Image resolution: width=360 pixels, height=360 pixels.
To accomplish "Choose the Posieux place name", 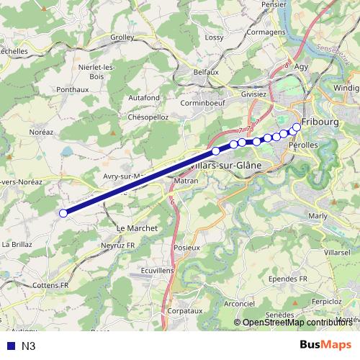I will pyautogui.click(x=186, y=247).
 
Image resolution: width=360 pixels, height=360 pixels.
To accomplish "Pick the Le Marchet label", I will pyautogui.click(x=137, y=228).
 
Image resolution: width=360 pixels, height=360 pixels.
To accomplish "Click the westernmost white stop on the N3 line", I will pyautogui.click(x=63, y=212).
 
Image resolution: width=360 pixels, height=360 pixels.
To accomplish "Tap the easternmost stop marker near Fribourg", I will pyautogui.click(x=297, y=127).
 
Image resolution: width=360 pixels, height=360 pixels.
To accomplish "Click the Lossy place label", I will pyautogui.click(x=214, y=37).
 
